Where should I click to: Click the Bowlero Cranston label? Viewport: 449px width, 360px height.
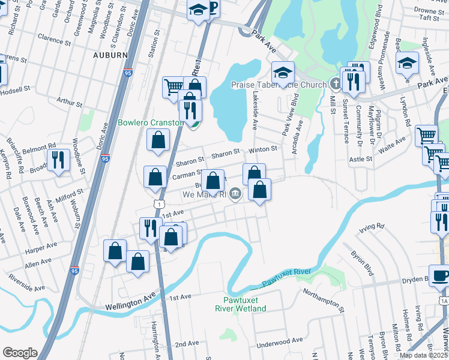(x=149, y=122)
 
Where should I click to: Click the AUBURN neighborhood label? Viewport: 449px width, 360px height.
(x=110, y=55)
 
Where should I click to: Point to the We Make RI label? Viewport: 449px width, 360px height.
(x=205, y=194)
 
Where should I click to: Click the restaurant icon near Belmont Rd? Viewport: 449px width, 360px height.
(x=59, y=160)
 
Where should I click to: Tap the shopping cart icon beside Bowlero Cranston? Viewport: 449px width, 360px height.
(x=173, y=86)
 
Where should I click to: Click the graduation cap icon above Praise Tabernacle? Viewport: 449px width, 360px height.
(x=283, y=73)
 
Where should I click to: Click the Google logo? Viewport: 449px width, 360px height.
(x=20, y=353)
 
